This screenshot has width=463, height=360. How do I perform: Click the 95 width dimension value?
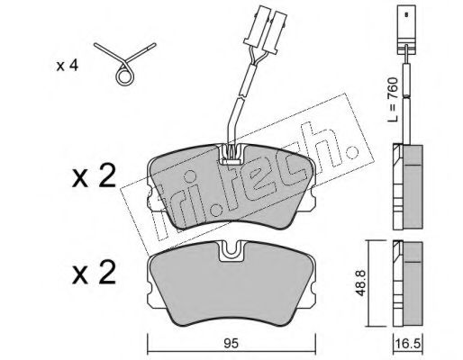click(x=231, y=344)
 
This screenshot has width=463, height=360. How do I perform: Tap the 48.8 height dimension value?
click(x=359, y=283)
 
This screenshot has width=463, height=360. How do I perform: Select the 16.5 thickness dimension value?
click(x=407, y=344)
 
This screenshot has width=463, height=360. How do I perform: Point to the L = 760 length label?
click(x=392, y=99)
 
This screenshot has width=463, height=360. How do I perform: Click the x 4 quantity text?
click(x=68, y=66)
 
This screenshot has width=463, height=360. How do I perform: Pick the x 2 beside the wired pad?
click(x=94, y=176)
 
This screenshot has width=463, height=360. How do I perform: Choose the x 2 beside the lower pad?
click(x=94, y=273)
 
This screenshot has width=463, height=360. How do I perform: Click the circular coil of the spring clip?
click(x=123, y=76)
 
